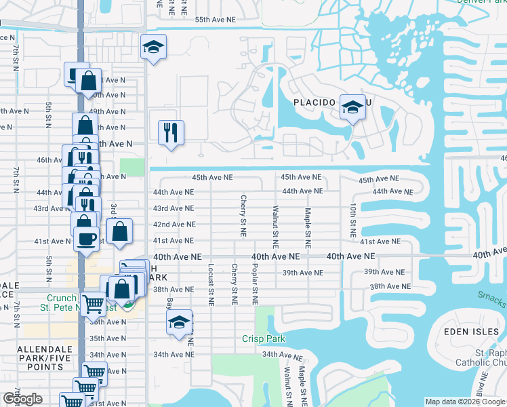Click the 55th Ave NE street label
pyautogui.click(x=215, y=20)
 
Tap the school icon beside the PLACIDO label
pyautogui.click(x=352, y=106)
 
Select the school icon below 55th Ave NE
pyautogui.click(x=154, y=47)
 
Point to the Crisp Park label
pyautogui.click(x=264, y=338)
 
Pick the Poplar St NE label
pyautogui.click(x=255, y=284)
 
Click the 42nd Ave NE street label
pyautogui.click(x=174, y=225)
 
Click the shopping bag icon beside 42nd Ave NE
pyautogui.click(x=119, y=231)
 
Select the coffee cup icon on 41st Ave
pyautogui.click(x=85, y=239)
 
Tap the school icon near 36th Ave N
pyautogui.click(x=179, y=322)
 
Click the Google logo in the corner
pyautogui.click(x=22, y=399)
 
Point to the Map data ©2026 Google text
pyautogui.click(x=464, y=402)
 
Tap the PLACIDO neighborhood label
pyautogui.click(x=315, y=102)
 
